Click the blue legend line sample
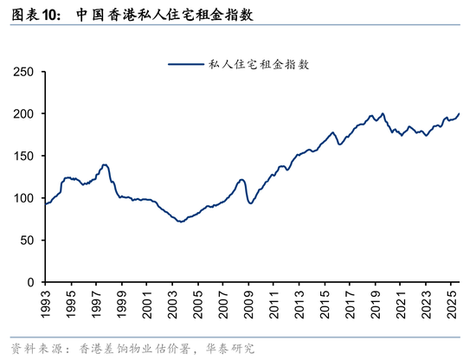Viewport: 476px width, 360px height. [186, 64]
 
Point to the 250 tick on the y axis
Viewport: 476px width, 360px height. [23, 72]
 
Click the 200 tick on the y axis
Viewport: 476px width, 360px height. [23, 114]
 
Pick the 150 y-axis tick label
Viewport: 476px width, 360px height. [23, 156]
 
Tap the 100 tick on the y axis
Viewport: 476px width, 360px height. [23, 198]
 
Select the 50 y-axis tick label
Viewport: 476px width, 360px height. [26, 240]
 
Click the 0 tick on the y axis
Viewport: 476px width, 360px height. [29, 282]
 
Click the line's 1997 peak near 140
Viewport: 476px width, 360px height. [105, 164]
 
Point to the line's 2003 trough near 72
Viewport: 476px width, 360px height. [180, 222]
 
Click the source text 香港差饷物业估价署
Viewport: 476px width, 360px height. [129, 348]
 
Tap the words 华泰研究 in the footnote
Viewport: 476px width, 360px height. [228, 348]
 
